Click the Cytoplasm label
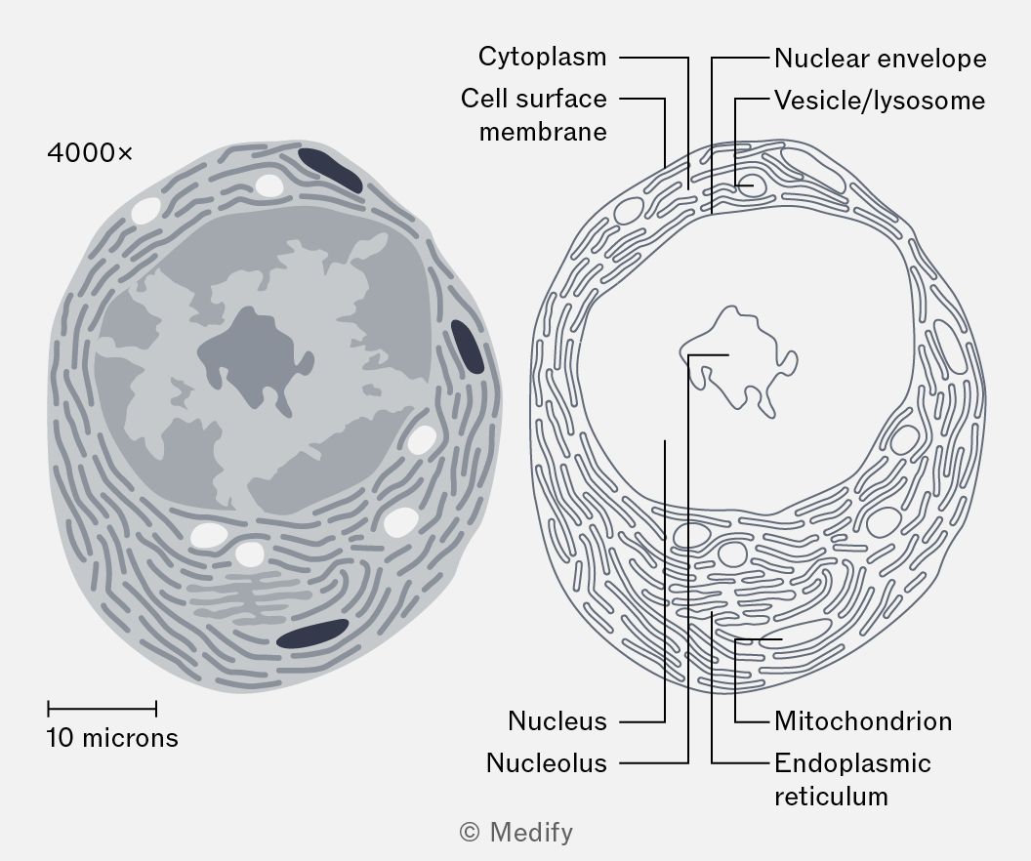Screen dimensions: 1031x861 pyautogui.click(x=543, y=58)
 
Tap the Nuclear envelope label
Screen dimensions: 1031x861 pyautogui.click(x=881, y=59)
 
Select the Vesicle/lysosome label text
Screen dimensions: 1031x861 pyautogui.click(x=880, y=101)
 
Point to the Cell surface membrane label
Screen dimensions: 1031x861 pyautogui.click(x=534, y=115)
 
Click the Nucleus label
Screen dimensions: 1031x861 pyautogui.click(x=557, y=721)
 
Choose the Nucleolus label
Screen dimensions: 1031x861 pyautogui.click(x=547, y=763)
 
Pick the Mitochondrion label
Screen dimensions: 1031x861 pyautogui.click(x=863, y=721)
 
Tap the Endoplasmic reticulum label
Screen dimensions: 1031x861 pyautogui.click(x=852, y=780)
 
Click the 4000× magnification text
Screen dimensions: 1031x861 pyautogui.click(x=90, y=153)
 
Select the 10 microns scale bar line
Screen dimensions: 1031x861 pyautogui.click(x=102, y=709)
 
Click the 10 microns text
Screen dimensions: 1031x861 pyautogui.click(x=112, y=738)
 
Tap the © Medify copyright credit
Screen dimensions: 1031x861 pyautogui.click(x=516, y=833)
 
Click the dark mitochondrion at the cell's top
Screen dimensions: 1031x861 pyautogui.click(x=330, y=170)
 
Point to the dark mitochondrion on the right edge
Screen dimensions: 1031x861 pyautogui.click(x=468, y=347)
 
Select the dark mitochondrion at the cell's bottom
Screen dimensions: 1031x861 pyautogui.click(x=312, y=633)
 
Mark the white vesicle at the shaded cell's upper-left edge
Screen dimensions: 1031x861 pyautogui.click(x=146, y=210)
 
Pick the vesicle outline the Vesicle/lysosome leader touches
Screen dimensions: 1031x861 pyautogui.click(x=752, y=185)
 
